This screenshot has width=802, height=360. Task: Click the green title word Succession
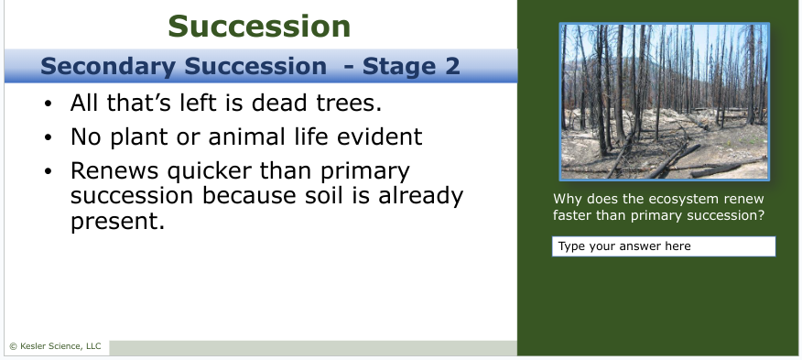[259, 27]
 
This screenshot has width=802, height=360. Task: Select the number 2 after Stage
[452, 67]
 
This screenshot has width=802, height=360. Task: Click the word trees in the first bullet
[349, 103]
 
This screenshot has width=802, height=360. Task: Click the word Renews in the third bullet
[114, 171]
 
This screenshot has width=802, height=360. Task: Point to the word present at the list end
[117, 222]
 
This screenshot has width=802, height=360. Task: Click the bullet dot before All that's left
[49, 104]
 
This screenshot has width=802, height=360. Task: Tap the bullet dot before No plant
[49, 137]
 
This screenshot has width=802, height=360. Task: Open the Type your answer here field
[664, 246]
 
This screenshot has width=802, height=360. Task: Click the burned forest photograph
[665, 102]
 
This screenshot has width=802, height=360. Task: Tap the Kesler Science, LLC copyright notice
[55, 346]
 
